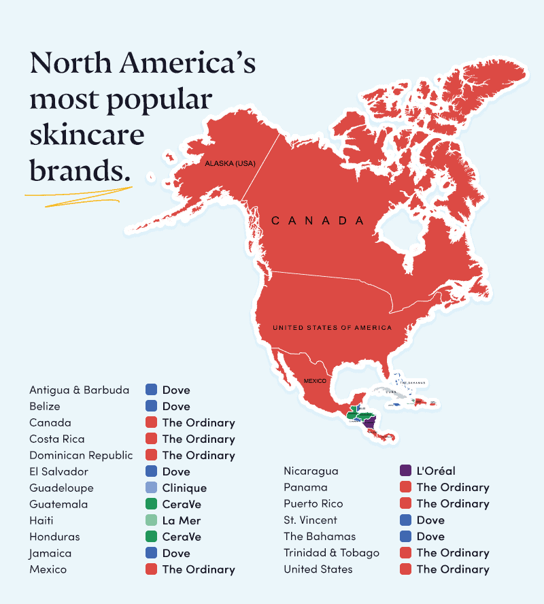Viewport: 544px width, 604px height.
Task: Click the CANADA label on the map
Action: (318, 220)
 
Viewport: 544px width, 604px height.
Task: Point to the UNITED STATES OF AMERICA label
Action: (332, 328)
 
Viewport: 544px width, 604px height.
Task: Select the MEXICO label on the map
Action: (315, 381)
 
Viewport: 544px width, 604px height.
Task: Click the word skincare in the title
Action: (87, 134)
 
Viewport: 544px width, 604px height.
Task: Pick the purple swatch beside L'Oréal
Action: (405, 471)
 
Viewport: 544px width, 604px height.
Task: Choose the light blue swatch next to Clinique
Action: (151, 488)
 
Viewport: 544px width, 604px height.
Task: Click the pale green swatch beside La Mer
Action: (151, 520)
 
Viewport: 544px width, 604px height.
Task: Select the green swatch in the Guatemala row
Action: (151, 504)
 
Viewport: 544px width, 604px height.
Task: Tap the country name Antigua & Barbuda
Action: (79, 390)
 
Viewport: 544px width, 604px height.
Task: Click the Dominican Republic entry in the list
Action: (81, 455)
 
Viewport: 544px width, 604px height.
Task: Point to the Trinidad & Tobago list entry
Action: (331, 553)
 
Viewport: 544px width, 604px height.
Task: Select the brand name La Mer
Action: (182, 520)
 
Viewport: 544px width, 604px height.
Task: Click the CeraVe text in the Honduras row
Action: (182, 537)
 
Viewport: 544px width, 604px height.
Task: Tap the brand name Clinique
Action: (184, 488)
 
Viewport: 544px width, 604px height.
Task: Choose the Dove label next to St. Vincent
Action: (430, 520)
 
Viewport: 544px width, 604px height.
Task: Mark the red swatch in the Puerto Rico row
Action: (405, 504)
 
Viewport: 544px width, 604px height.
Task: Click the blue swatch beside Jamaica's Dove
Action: (151, 553)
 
